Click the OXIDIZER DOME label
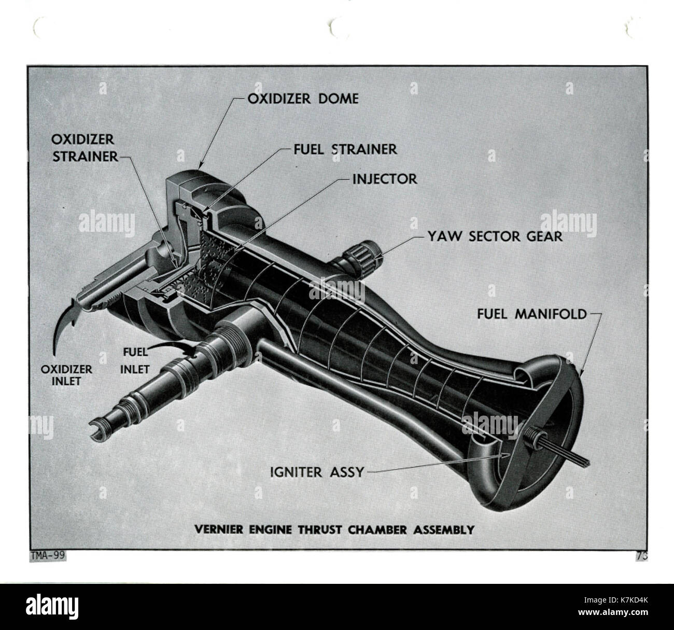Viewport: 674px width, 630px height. point(303,99)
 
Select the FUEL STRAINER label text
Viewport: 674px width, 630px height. point(345,149)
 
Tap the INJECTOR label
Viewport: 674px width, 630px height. point(385,179)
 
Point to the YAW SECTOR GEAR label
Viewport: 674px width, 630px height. point(495,236)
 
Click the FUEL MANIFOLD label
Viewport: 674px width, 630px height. point(532,314)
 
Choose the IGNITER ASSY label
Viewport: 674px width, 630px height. point(317,472)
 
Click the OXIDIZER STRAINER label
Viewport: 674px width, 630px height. point(85,148)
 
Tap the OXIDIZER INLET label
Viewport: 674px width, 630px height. point(66,375)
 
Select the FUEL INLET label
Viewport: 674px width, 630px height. point(135,360)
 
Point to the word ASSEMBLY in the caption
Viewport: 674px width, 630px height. point(444,530)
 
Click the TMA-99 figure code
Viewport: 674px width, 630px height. point(48,556)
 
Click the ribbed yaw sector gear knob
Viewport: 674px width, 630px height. point(364,258)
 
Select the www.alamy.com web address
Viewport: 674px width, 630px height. point(613,612)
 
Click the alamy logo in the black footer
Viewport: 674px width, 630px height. point(52,607)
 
